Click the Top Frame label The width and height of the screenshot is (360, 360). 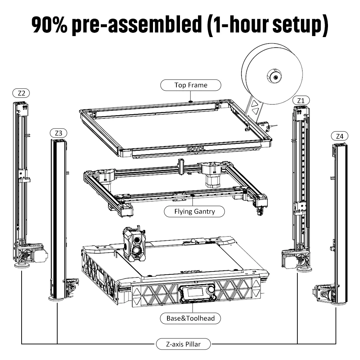tap(191, 85)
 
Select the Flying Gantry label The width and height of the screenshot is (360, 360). tap(194, 211)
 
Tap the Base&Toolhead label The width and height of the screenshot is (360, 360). tap(191, 318)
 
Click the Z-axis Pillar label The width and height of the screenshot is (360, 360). tap(183, 344)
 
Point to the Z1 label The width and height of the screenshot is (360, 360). tap(301, 100)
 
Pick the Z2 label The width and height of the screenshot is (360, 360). tap(21, 93)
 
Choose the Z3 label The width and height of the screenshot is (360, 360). tap(58, 133)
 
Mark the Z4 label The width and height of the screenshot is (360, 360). tap(339, 136)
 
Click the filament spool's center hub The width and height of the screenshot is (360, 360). tap(274, 77)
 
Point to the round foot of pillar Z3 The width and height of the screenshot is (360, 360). tap(57, 298)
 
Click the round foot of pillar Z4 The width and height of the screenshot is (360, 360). tap(339, 303)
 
